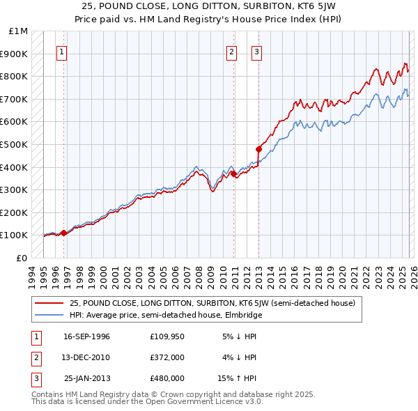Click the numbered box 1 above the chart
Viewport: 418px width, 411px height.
(x=61, y=51)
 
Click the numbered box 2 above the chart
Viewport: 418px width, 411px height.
(x=231, y=51)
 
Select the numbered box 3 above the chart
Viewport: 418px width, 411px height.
(x=256, y=51)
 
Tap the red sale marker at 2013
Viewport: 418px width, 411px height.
(x=258, y=148)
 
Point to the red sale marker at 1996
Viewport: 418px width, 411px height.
(x=64, y=233)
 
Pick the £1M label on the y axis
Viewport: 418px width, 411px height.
(x=19, y=31)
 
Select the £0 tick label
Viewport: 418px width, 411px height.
(x=23, y=258)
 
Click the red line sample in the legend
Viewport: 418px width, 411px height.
(x=49, y=303)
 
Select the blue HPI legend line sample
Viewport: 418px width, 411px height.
(x=49, y=315)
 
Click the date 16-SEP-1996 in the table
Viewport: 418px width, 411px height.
(x=86, y=336)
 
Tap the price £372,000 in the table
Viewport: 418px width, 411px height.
(x=167, y=357)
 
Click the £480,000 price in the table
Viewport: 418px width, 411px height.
(x=167, y=378)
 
